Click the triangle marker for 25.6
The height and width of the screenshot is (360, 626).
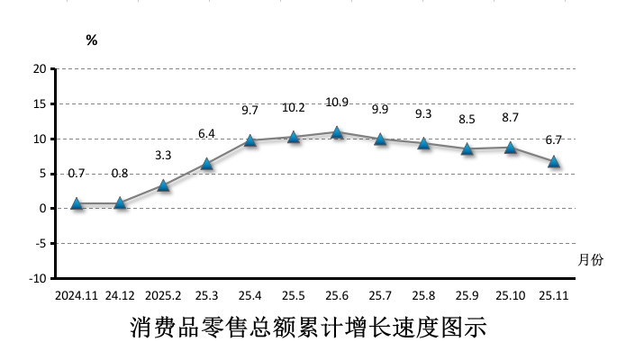[x=337, y=132]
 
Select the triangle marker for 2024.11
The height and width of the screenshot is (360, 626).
[x=77, y=203]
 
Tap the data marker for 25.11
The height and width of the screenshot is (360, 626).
[x=554, y=162]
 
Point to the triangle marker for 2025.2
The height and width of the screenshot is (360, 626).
[x=163, y=185]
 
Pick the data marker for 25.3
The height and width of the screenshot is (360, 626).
[x=206, y=164]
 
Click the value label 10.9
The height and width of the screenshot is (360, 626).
[x=337, y=103]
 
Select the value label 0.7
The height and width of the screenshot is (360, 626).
[x=77, y=174]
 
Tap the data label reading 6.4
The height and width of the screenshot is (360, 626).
[x=206, y=134]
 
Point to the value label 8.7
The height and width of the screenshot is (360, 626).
[x=511, y=118]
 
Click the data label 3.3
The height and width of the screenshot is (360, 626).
[x=163, y=156]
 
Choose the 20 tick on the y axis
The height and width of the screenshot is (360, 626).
[x=40, y=69]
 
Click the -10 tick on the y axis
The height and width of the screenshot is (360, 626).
[x=37, y=279]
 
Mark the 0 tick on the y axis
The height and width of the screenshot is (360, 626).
[x=42, y=209]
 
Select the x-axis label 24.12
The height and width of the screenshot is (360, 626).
[x=120, y=295]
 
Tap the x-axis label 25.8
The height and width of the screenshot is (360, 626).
[x=423, y=295]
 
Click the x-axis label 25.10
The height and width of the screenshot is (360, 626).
[x=510, y=295]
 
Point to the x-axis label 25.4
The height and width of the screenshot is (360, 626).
[x=249, y=295]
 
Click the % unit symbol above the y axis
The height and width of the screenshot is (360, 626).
[x=91, y=40]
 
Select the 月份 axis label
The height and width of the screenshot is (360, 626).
[x=590, y=260]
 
